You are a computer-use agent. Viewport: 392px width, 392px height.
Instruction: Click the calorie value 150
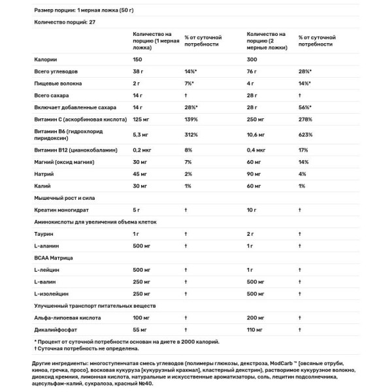[x=138, y=59]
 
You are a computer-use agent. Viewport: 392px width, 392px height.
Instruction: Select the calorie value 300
[x=251, y=59]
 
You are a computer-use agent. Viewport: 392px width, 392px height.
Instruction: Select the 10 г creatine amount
[x=252, y=210]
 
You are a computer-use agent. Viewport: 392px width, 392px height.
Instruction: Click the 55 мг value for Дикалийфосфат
[x=140, y=329]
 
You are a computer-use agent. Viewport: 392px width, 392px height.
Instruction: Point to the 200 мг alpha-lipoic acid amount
[x=254, y=318]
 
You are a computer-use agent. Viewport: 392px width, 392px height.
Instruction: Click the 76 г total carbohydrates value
[x=251, y=71]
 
